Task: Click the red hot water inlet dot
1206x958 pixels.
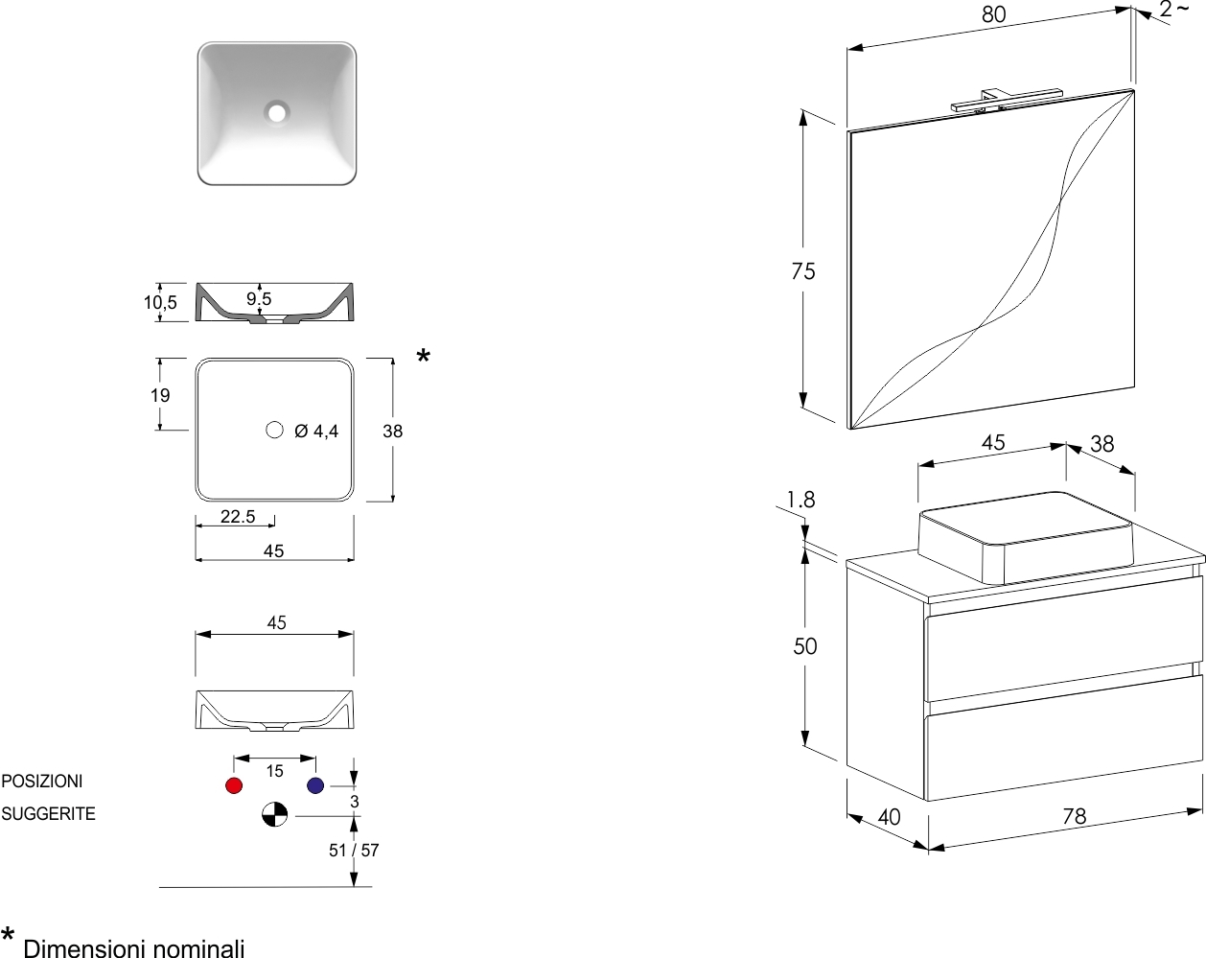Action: (x=234, y=785)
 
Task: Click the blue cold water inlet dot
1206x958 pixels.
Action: (x=315, y=785)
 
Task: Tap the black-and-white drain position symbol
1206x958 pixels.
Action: (x=275, y=815)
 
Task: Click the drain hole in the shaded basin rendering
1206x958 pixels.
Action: (x=277, y=112)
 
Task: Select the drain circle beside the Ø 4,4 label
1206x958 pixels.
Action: (x=275, y=430)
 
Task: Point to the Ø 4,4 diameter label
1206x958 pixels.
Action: (x=316, y=432)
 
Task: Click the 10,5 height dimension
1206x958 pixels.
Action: (x=160, y=303)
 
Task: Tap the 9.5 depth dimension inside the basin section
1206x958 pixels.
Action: (x=259, y=298)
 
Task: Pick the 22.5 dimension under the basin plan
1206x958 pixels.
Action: (x=238, y=517)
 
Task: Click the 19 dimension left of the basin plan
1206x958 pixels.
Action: (x=160, y=395)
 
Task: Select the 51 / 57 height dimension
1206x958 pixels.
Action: (x=354, y=850)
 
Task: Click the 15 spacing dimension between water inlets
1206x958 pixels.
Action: (x=275, y=771)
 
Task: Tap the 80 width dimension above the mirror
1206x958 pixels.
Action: (x=994, y=14)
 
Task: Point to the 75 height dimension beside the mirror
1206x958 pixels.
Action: (x=803, y=271)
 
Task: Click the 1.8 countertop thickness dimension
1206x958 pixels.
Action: (x=800, y=500)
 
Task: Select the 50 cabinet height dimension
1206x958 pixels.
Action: (x=805, y=646)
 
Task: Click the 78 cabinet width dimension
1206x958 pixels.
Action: (x=1075, y=816)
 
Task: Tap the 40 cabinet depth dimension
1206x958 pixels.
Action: (x=889, y=817)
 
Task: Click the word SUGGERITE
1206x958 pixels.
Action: (x=49, y=814)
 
